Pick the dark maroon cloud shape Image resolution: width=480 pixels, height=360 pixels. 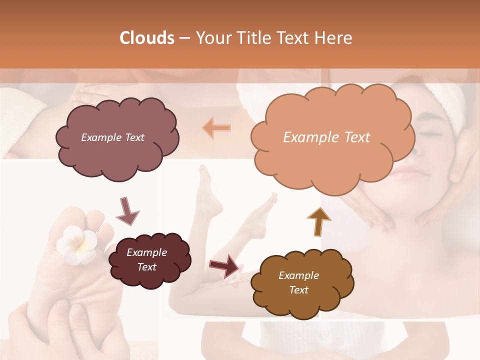tap(149, 260)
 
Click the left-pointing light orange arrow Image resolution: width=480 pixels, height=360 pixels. tap(216, 128)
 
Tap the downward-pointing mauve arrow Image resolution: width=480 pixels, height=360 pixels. tap(127, 210)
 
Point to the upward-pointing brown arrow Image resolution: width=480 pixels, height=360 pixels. tap(318, 221)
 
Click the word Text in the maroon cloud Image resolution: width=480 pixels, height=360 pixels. tap(147, 267)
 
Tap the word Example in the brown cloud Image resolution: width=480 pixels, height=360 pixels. tap(298, 275)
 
